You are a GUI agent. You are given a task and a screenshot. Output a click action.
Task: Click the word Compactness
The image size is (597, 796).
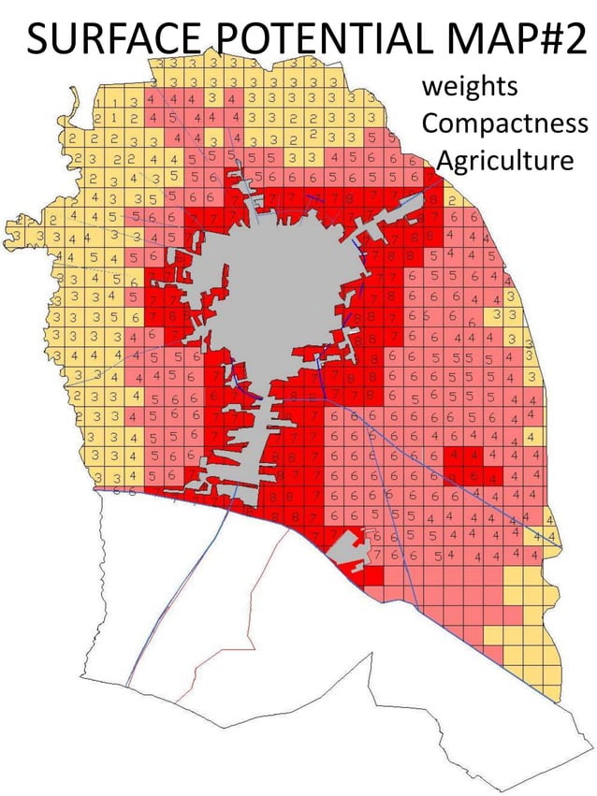point(504,123)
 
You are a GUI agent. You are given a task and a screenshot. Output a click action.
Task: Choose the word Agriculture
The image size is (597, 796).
point(505,160)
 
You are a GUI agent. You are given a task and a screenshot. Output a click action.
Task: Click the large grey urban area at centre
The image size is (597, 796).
point(281,281)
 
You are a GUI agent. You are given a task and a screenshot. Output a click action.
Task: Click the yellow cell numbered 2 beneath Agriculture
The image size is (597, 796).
point(450,199)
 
